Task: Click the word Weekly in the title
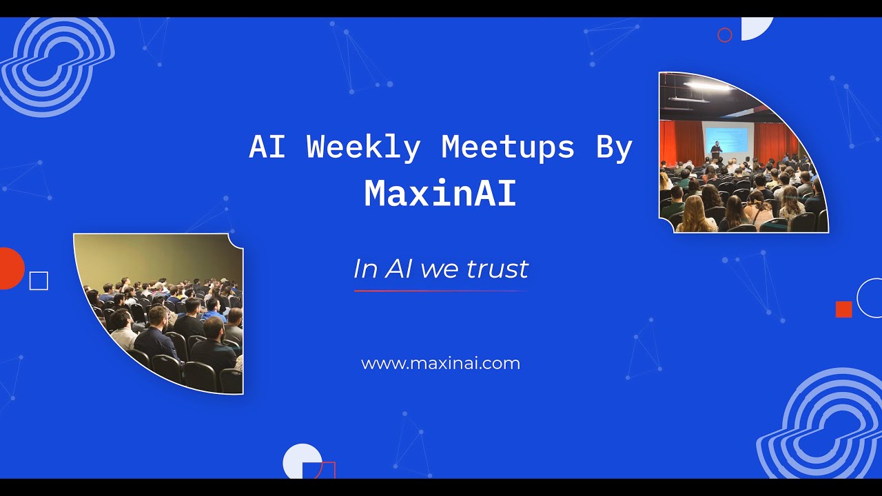coord(363,147)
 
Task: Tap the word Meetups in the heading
coord(508,147)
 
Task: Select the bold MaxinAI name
coord(440,194)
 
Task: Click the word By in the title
coord(614,147)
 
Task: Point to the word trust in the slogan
coord(497,269)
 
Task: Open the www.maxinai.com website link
coord(440,363)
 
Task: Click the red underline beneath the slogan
coord(440,291)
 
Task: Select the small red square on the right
coord(843,309)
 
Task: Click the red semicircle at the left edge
coord(10,268)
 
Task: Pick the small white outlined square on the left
coord(39,281)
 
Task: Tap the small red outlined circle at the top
coord(724,35)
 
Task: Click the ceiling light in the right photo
coord(706,86)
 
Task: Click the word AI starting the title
coord(267,147)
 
